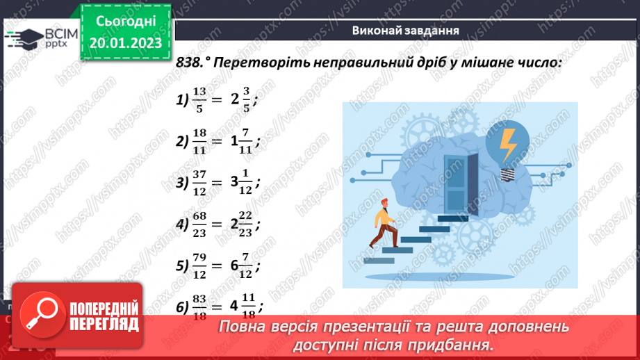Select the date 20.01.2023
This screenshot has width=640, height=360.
(x=126, y=43)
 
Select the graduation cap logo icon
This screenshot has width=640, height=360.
(x=23, y=39)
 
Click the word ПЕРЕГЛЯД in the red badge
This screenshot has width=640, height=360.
(x=106, y=324)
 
